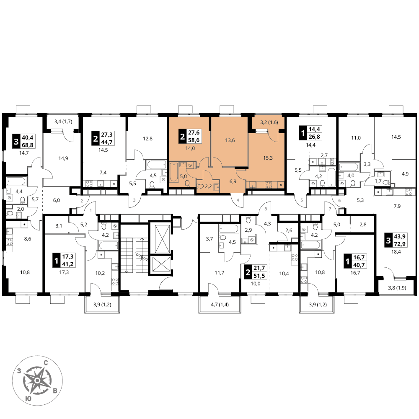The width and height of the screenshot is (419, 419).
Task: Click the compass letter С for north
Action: pyautogui.click(x=46, y=363)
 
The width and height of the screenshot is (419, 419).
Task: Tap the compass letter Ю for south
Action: pyautogui.click(x=28, y=399)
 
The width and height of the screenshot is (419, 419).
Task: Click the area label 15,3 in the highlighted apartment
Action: pyautogui.click(x=268, y=158)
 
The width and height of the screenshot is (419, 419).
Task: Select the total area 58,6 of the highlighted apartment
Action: pyautogui.click(x=194, y=140)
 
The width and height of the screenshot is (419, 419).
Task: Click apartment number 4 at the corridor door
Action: pyautogui.click(x=238, y=200)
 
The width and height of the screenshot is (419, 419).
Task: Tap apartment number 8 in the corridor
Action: pyautogui.click(x=266, y=209)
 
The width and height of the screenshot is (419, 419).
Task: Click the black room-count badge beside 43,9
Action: pyautogui.click(x=388, y=241)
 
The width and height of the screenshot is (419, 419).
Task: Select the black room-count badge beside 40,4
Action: pyautogui.click(x=16, y=141)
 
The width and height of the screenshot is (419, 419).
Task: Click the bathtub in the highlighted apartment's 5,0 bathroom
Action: pyautogui.click(x=174, y=172)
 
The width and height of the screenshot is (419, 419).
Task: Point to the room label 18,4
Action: pyautogui.click(x=396, y=252)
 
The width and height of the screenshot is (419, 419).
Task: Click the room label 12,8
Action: pyautogui.click(x=147, y=139)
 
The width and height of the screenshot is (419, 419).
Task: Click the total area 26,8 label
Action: pyautogui.click(x=314, y=137)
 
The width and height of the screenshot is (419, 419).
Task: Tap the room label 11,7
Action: pyautogui.click(x=220, y=273)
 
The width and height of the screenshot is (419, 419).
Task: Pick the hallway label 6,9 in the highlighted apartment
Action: pyautogui.click(x=233, y=181)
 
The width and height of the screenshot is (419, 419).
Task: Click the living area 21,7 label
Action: pyautogui.click(x=259, y=268)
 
